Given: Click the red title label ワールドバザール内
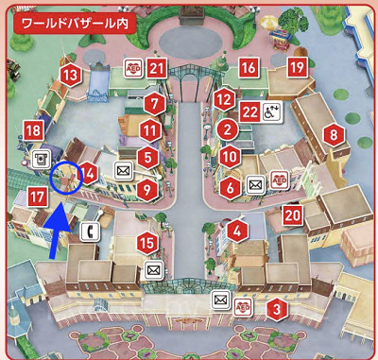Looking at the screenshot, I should pyautogui.click(x=71, y=19).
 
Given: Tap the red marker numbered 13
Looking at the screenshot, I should pyautogui.click(x=68, y=73).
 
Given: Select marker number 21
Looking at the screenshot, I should pyautogui.click(x=157, y=68).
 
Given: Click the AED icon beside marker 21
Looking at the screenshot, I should pyautogui.click(x=133, y=68).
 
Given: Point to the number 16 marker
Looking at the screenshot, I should pyautogui.click(x=249, y=68).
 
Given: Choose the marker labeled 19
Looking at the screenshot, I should pyautogui.click(x=297, y=68).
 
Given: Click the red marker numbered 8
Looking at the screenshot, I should pyautogui.click(x=333, y=135).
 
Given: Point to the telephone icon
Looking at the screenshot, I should pyautogui.click(x=91, y=231).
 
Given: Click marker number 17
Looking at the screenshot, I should pyautogui.click(x=38, y=197).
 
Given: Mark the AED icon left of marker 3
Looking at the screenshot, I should pyautogui.click(x=243, y=306).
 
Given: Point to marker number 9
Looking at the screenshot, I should pyautogui.click(x=146, y=189).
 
